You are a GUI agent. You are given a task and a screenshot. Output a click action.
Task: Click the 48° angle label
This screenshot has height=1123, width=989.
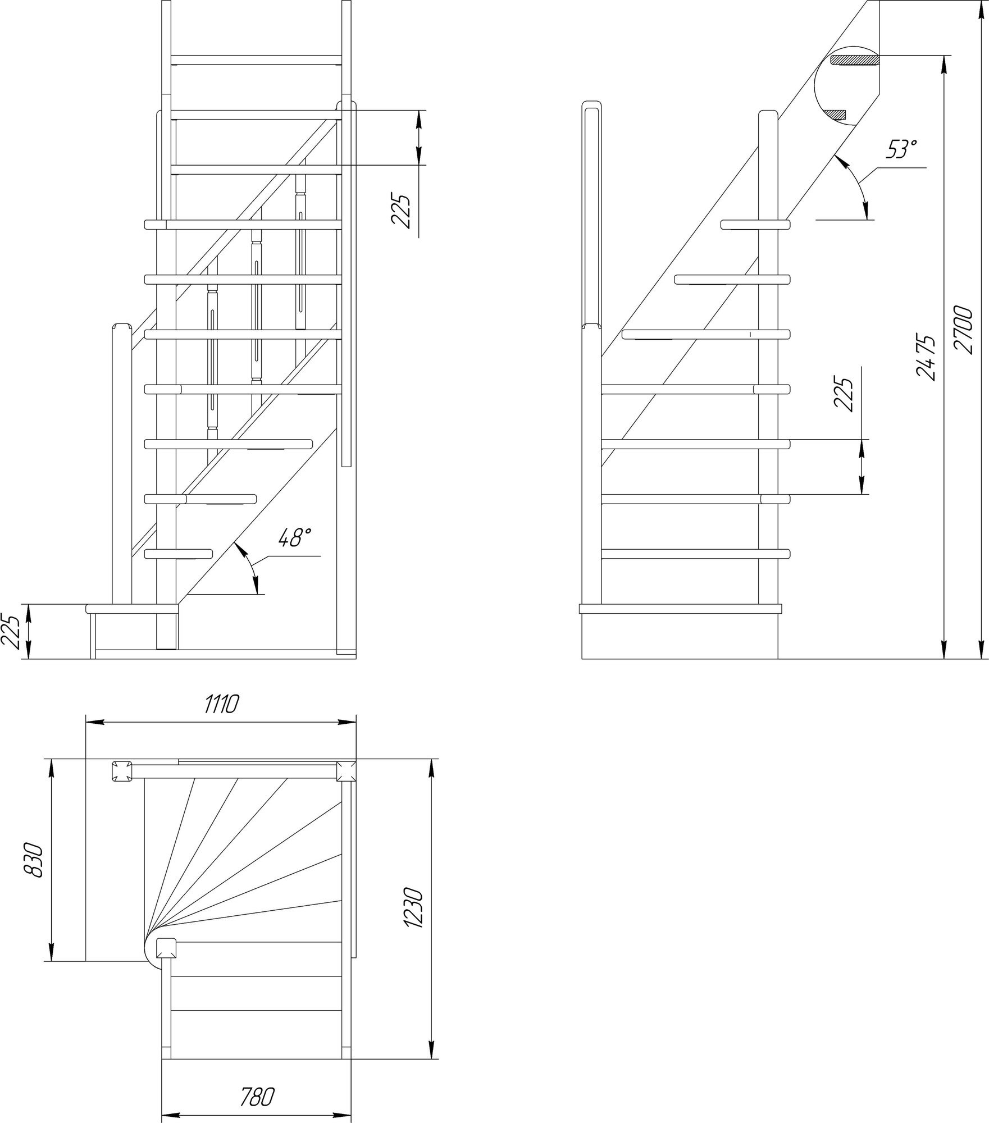coord(294,537)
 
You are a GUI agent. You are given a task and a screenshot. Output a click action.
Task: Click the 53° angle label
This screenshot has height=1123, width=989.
coord(901,149)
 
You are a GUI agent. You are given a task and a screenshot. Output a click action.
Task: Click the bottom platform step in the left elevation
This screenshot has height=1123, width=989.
coord(132,608)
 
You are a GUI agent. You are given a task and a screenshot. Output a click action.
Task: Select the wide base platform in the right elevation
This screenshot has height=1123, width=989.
coord(680,608)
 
